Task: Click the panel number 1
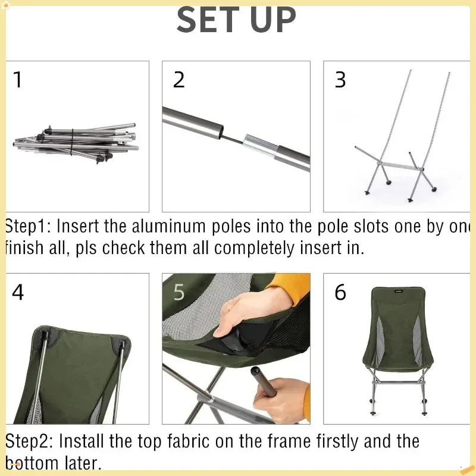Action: click(x=18, y=80)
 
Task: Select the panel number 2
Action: click(x=179, y=80)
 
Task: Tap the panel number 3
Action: click(x=340, y=80)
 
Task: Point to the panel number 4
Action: click(x=18, y=292)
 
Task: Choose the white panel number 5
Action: click(x=179, y=292)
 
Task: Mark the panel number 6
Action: click(x=340, y=292)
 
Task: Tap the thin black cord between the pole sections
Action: click(x=235, y=137)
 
